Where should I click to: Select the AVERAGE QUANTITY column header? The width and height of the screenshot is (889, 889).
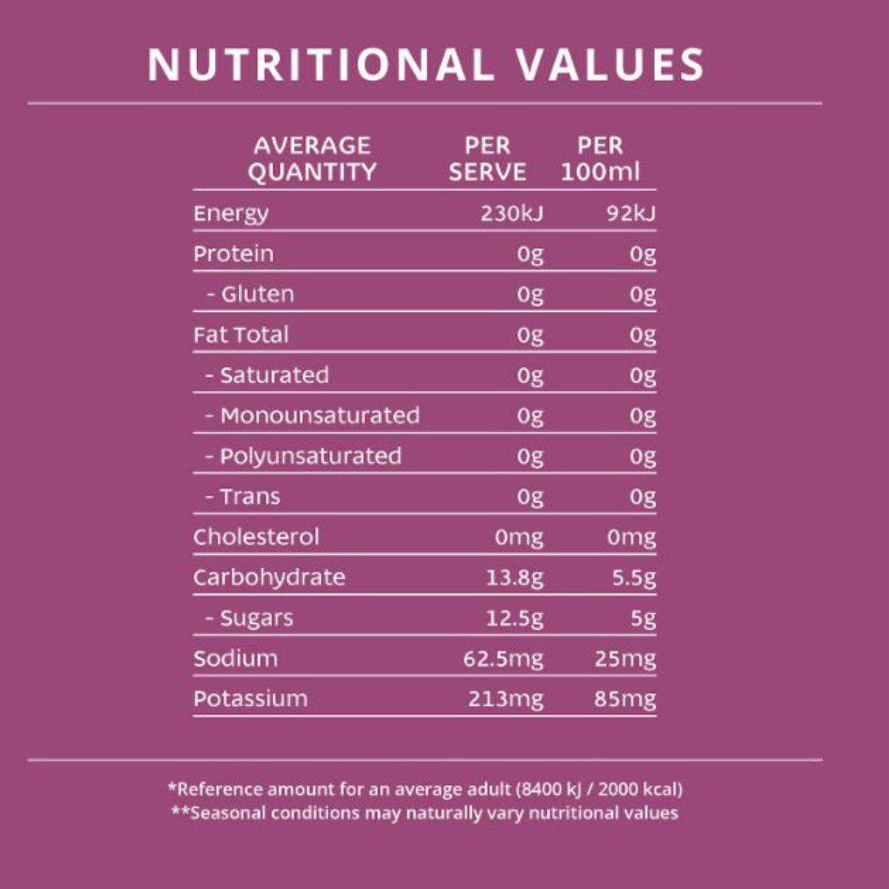(x=312, y=159)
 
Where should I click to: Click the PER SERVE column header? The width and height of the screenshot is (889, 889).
(x=487, y=159)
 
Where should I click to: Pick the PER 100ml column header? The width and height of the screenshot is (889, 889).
(x=600, y=159)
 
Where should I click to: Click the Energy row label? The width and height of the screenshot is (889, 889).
(x=231, y=213)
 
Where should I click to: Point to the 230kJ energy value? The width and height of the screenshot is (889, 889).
(x=511, y=213)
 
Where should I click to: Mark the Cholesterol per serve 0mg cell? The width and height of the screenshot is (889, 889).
(x=519, y=536)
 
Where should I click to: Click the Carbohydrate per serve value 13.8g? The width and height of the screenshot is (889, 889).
(x=514, y=577)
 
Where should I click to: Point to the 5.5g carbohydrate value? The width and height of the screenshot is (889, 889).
(x=633, y=577)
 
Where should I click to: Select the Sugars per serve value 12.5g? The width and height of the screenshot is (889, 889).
(x=514, y=618)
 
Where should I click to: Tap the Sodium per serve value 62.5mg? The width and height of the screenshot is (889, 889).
(x=503, y=658)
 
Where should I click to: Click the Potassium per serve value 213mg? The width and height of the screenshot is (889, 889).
(x=505, y=699)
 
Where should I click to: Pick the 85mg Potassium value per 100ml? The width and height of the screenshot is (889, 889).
(x=625, y=699)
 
